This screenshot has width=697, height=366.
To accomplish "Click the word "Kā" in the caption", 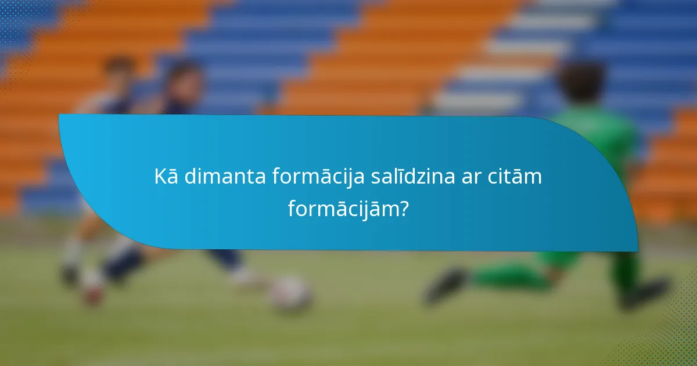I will tap(166, 176).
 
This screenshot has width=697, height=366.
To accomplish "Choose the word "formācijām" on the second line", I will tap(342, 208).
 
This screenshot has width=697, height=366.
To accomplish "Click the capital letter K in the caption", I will tap(160, 176).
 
